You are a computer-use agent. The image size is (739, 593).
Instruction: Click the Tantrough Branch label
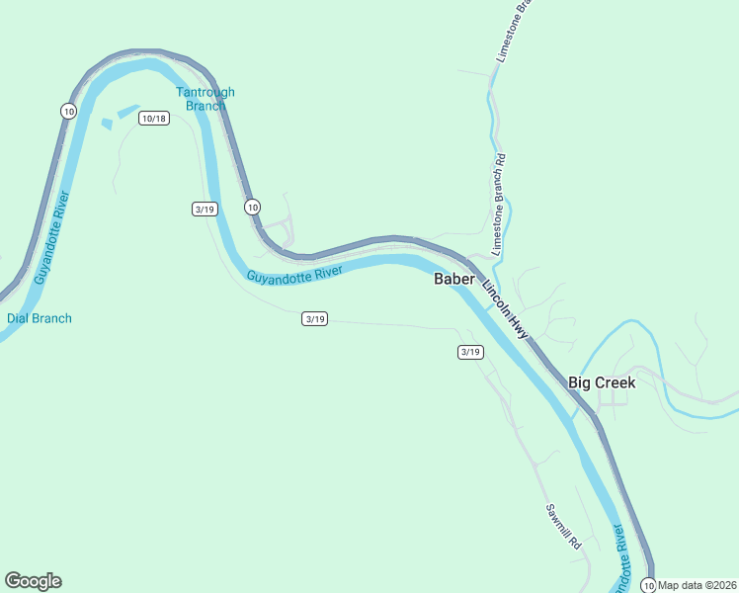tap(205, 99)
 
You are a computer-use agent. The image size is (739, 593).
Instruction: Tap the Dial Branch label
tap(40, 318)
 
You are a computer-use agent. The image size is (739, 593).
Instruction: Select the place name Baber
tap(454, 279)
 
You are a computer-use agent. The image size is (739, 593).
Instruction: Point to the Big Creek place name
tap(602, 382)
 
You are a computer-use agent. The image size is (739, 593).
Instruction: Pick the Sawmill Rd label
tap(564, 527)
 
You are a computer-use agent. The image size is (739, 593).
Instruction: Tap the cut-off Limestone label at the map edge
tap(515, 35)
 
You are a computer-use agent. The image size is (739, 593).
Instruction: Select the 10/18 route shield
tap(154, 119)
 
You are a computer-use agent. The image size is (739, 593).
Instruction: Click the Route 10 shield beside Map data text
tap(648, 584)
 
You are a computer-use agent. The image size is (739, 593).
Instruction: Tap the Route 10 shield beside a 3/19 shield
tap(253, 207)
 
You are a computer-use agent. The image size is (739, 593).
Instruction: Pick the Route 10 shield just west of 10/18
tap(68, 111)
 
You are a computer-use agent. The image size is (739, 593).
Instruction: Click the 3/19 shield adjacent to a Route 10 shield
tap(205, 209)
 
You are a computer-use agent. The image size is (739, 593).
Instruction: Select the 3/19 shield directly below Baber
tap(470, 352)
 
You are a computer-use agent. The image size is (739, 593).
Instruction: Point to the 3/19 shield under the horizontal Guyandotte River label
tap(314, 318)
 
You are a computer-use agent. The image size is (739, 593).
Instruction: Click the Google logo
tap(33, 581)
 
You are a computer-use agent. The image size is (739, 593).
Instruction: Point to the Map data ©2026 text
tap(698, 585)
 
